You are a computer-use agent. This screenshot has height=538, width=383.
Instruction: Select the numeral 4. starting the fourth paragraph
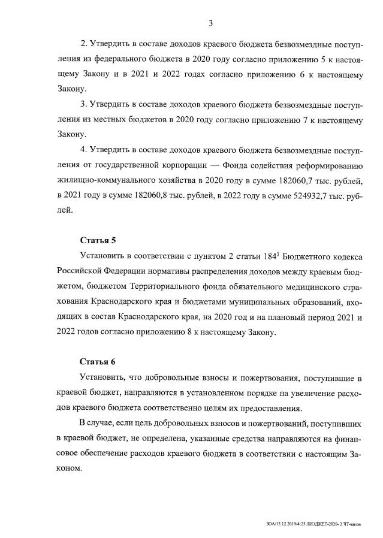point(83,149)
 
